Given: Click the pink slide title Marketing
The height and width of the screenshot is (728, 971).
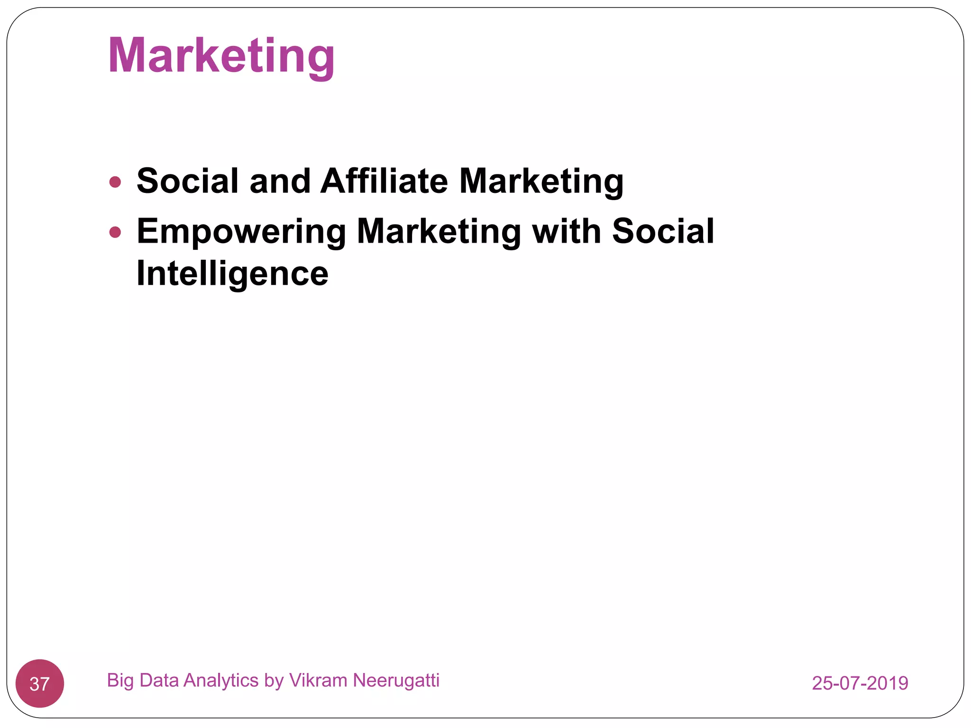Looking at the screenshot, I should click(221, 56).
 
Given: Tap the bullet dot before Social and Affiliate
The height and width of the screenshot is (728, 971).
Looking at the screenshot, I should click(115, 182).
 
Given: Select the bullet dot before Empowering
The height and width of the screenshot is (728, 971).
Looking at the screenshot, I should click(115, 232).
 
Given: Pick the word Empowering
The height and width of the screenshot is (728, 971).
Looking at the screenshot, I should click(241, 232).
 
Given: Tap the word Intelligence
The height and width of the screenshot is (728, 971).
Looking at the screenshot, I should click(232, 274).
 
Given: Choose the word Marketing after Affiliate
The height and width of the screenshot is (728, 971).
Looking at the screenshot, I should click(541, 182).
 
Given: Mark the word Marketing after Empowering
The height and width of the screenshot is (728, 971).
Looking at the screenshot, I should click(439, 232).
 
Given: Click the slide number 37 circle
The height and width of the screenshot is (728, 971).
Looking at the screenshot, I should click(40, 683).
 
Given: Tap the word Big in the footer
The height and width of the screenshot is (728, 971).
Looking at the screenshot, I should click(120, 681).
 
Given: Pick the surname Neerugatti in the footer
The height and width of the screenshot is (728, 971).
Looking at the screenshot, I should click(396, 681).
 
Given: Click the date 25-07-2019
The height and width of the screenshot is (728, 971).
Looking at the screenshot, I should click(860, 683).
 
